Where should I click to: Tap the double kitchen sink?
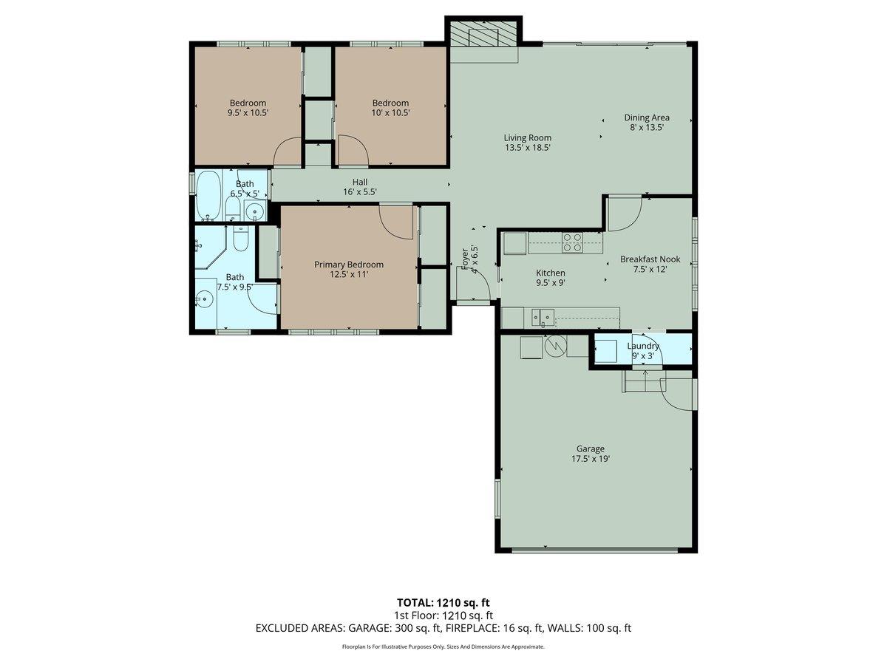pyautogui.click(x=543, y=318)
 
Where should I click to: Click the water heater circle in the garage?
pyautogui.click(x=554, y=346)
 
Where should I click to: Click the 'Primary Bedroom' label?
pyautogui.click(x=349, y=265)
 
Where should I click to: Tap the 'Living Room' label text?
pyautogui.click(x=527, y=137)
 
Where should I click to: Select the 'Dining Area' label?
pyautogui.click(x=647, y=117)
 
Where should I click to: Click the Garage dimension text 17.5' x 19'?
pyautogui.click(x=590, y=459)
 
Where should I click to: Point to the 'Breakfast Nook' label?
pyautogui.click(x=650, y=259)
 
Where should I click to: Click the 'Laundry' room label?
pyautogui.click(x=642, y=346)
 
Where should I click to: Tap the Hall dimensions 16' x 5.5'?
pyautogui.click(x=359, y=192)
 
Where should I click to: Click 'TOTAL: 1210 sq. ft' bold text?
pyautogui.click(x=443, y=602)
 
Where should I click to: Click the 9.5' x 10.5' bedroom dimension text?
pyautogui.click(x=248, y=113)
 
